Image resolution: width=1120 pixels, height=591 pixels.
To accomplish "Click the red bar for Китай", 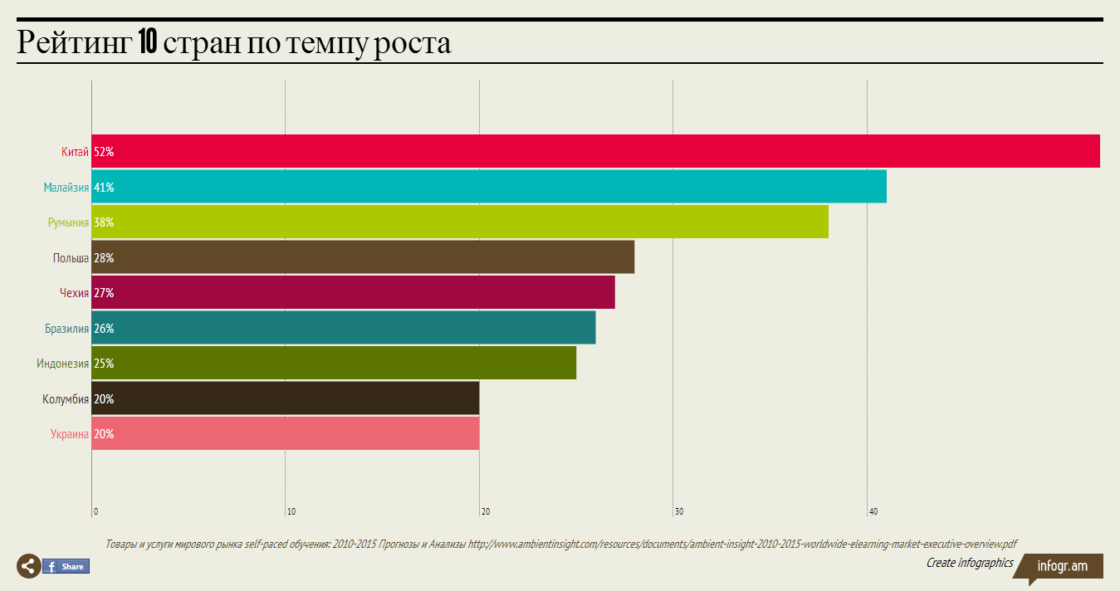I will coord(595,152).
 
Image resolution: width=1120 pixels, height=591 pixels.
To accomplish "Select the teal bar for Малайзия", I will coord(489,187).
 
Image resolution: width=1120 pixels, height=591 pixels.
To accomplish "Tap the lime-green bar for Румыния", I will coord(460,222).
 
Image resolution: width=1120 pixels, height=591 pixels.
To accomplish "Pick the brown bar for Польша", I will coord(363,257).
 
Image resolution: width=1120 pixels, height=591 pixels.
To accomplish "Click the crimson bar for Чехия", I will coord(353,293).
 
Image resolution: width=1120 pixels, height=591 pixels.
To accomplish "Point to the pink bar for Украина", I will coord(285,434).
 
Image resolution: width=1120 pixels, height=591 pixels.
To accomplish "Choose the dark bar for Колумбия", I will coord(285,399).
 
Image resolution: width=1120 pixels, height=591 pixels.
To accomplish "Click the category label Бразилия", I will coord(66,329).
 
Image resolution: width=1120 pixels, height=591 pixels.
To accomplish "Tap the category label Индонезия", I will coord(62,364).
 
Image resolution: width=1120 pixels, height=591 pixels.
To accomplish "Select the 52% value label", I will coord(104,152).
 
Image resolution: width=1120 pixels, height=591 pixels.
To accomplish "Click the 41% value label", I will coord(104,188).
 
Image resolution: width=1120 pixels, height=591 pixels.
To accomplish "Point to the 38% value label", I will coord(104,222).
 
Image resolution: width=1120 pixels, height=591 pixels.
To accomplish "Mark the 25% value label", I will coord(104,364).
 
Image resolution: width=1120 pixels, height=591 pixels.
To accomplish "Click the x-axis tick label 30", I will coord(679,511).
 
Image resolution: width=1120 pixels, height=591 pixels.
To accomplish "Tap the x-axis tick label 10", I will coord(291,511).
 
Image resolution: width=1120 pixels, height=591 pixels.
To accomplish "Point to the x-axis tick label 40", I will coord(873,511).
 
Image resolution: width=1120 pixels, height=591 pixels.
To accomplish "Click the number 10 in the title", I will coord(148,42).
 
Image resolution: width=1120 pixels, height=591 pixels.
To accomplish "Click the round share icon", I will coord(28,566).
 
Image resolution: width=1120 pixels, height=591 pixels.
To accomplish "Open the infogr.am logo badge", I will coord(1063,566).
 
